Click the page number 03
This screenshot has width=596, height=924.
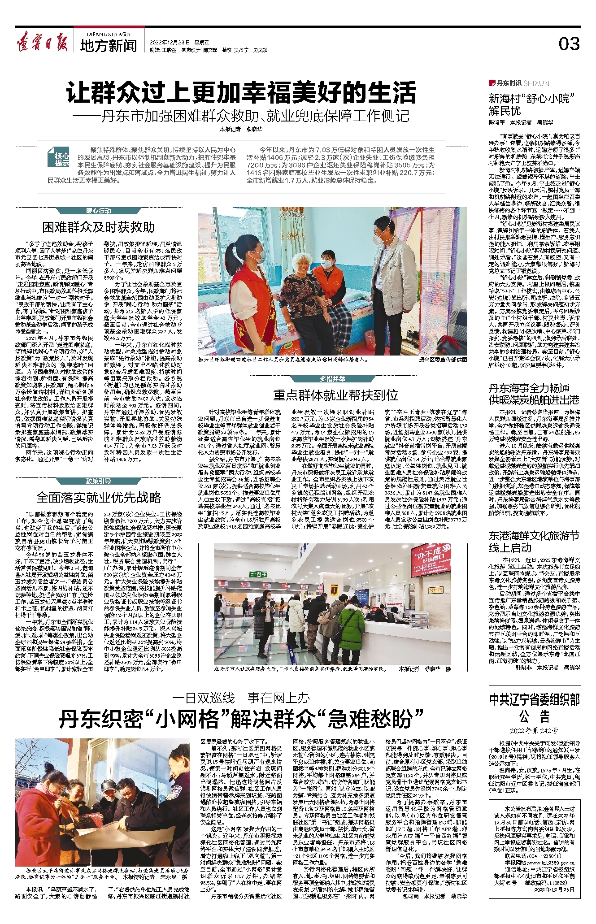569,43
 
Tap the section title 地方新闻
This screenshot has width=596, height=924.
109,45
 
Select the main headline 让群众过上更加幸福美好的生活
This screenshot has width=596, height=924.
241,93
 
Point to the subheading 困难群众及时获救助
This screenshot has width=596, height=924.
99,227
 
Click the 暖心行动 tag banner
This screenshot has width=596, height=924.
99,211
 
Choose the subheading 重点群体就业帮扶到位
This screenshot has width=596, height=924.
335,395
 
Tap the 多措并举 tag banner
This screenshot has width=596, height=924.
332,379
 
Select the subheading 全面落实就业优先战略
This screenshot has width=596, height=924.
99,497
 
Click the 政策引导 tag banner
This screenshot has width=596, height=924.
99,481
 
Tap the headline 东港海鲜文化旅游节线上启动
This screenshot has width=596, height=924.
534,542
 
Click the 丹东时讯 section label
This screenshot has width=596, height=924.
509,83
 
